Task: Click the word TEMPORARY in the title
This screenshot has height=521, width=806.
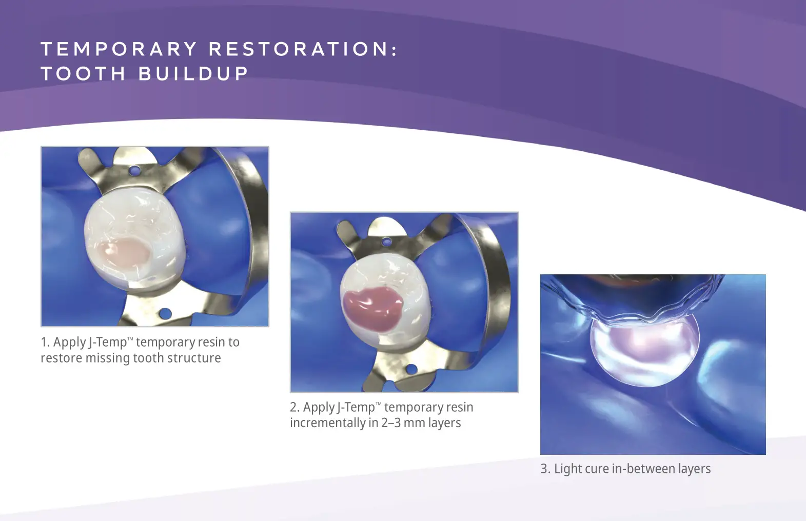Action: [x=119, y=49]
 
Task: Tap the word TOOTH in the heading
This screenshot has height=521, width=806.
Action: [x=83, y=73]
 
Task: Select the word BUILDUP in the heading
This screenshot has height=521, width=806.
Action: [x=193, y=73]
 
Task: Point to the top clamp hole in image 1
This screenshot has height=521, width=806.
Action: [x=135, y=169]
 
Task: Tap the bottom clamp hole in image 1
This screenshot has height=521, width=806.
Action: [x=165, y=312]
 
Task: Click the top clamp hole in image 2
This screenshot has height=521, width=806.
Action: [x=387, y=242]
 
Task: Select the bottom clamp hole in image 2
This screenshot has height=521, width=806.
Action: [x=411, y=368]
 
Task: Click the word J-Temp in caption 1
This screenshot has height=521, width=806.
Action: [x=108, y=342]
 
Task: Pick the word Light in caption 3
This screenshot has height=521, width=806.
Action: [x=567, y=469]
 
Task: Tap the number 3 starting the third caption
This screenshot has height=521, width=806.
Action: [x=544, y=469]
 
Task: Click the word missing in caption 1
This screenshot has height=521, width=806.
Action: [x=108, y=358]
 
